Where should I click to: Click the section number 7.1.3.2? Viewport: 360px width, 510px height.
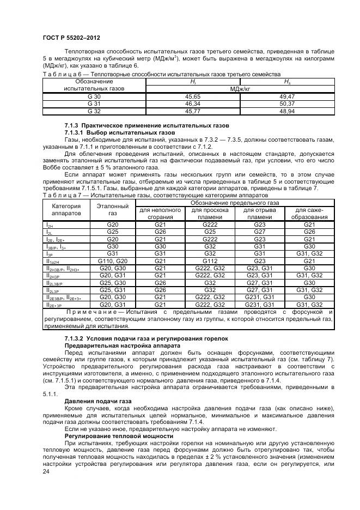[x=77, y=339]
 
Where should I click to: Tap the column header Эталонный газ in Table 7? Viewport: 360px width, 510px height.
[x=112, y=210]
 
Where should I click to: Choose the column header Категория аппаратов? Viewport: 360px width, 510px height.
[x=66, y=210]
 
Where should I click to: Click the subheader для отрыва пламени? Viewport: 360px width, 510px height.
[x=259, y=214]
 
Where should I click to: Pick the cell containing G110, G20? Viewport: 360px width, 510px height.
[x=112, y=261]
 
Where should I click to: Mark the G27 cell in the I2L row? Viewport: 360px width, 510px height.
[x=259, y=232]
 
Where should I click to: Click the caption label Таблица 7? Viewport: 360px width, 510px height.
[x=60, y=195]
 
